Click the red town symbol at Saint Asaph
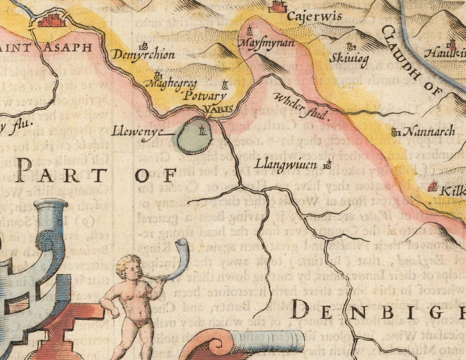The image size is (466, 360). [51, 21]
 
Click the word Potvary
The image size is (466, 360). [203, 96]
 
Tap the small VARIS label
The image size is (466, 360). [218, 109]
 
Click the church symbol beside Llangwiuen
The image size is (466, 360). [327, 165]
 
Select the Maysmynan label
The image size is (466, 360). [267, 43]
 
